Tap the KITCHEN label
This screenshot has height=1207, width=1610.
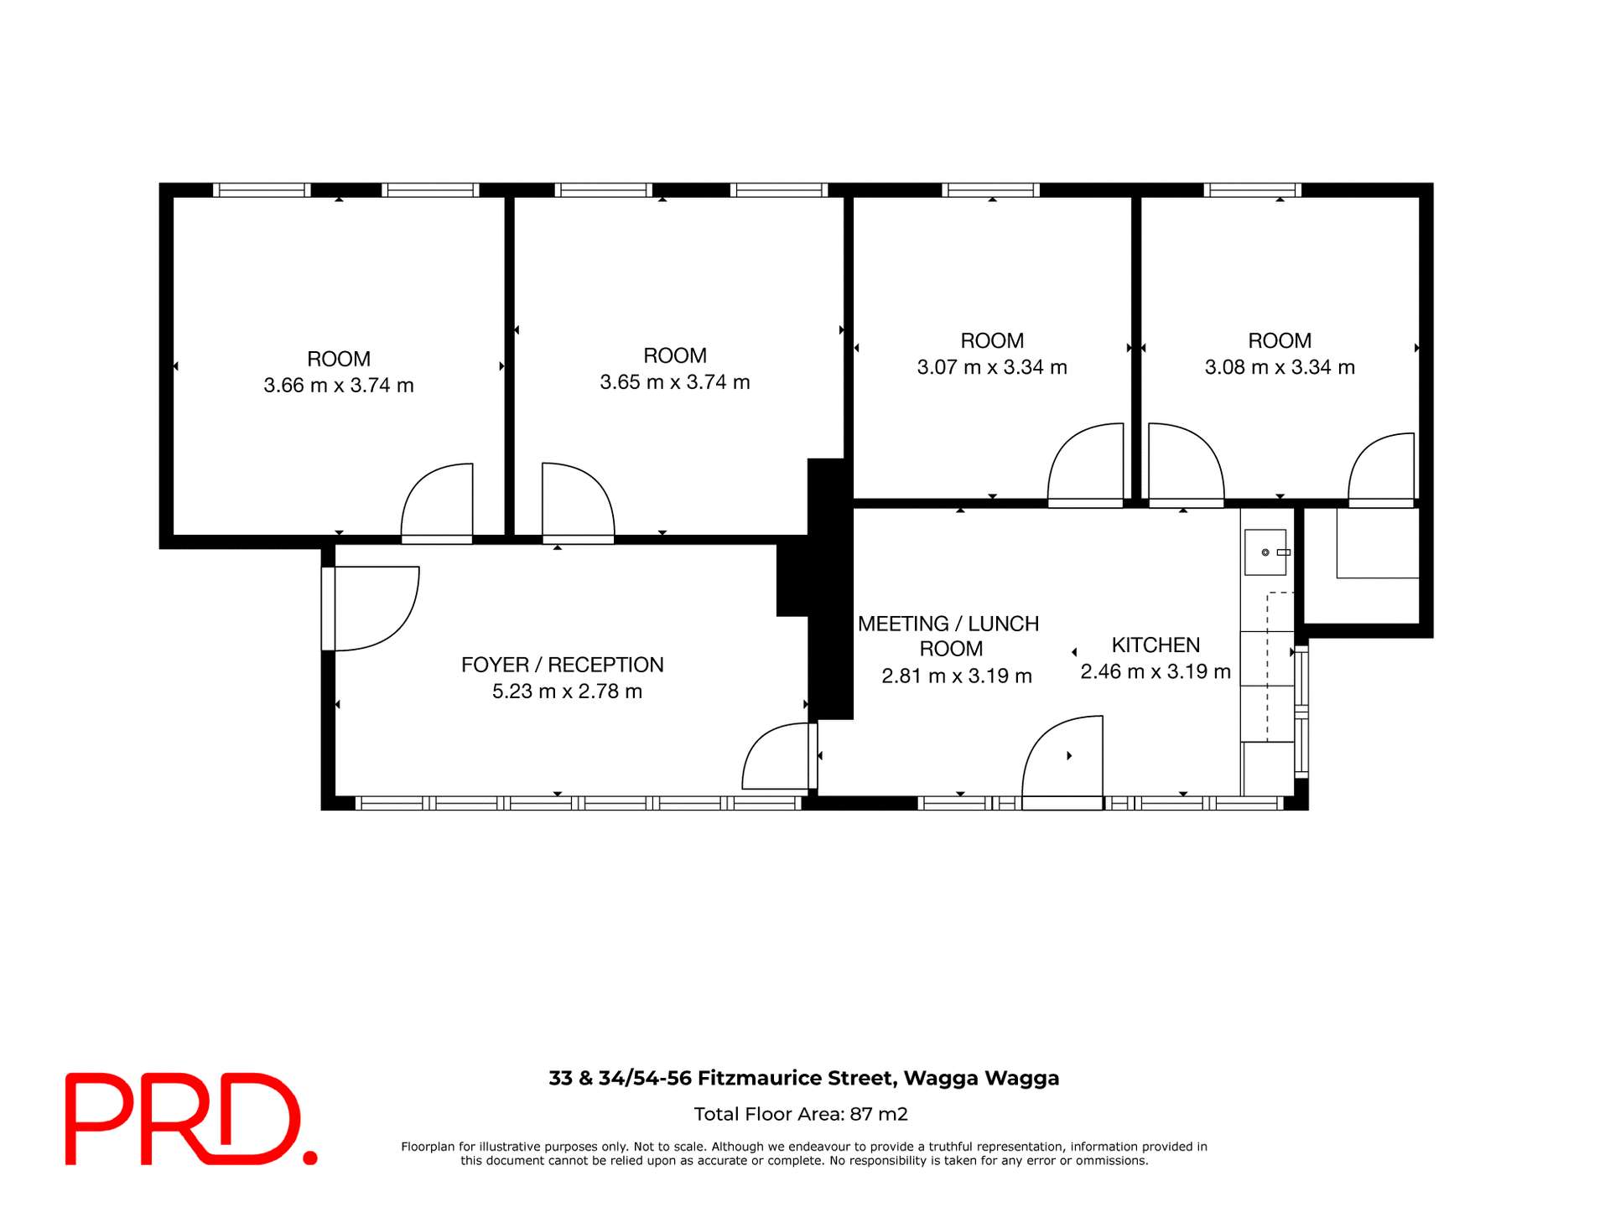click(1156, 645)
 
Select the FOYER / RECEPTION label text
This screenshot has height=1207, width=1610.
click(562, 665)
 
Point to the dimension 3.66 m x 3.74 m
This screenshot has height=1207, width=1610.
click(339, 386)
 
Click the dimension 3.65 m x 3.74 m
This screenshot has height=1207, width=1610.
click(675, 382)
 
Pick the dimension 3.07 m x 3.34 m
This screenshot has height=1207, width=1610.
click(992, 367)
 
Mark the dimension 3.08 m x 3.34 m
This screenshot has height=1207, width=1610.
click(1280, 367)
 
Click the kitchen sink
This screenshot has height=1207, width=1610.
click(1265, 552)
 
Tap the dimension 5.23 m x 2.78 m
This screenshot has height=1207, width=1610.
click(567, 692)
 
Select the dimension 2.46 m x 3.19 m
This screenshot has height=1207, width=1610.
click(1156, 671)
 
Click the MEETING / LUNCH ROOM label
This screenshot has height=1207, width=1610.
click(948, 635)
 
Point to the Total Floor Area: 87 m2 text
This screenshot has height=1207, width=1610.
click(801, 1114)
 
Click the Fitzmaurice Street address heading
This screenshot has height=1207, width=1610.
click(804, 1078)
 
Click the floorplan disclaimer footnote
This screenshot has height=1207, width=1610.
click(804, 1153)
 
